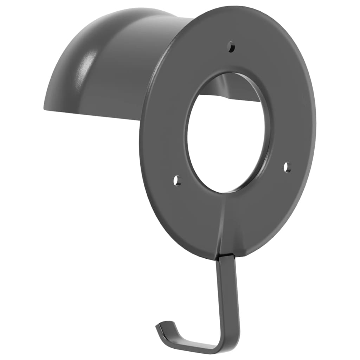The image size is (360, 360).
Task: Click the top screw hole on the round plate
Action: pos(231,46)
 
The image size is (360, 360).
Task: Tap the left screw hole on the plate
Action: pos(177,180)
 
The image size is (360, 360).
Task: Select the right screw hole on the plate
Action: pos(287,167)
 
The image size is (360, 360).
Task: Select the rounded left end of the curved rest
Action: pos(53,84)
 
